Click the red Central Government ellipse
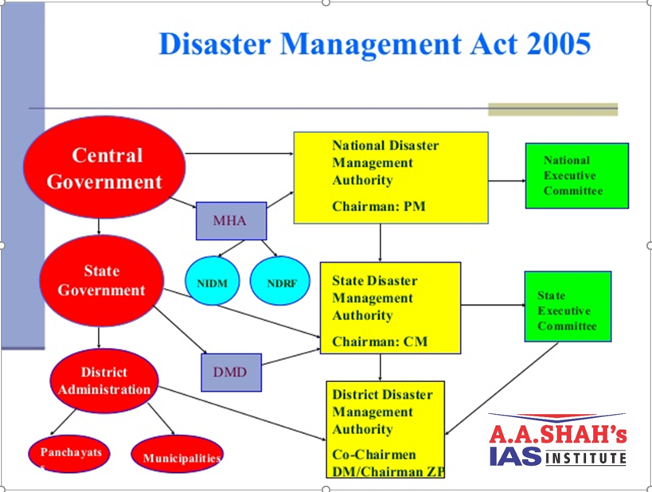(x=104, y=168)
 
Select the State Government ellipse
(x=101, y=280)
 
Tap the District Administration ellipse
(x=103, y=381)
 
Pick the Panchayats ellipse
(x=71, y=453)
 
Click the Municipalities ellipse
(x=177, y=455)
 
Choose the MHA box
(x=231, y=221)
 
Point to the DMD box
(x=230, y=372)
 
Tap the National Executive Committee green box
(x=576, y=176)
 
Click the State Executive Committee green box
(x=567, y=311)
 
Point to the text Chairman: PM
(x=378, y=206)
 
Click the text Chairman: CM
(x=380, y=342)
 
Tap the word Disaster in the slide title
(x=217, y=44)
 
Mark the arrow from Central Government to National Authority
(x=239, y=152)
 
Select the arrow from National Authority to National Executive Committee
(x=506, y=181)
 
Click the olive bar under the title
(x=552, y=109)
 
